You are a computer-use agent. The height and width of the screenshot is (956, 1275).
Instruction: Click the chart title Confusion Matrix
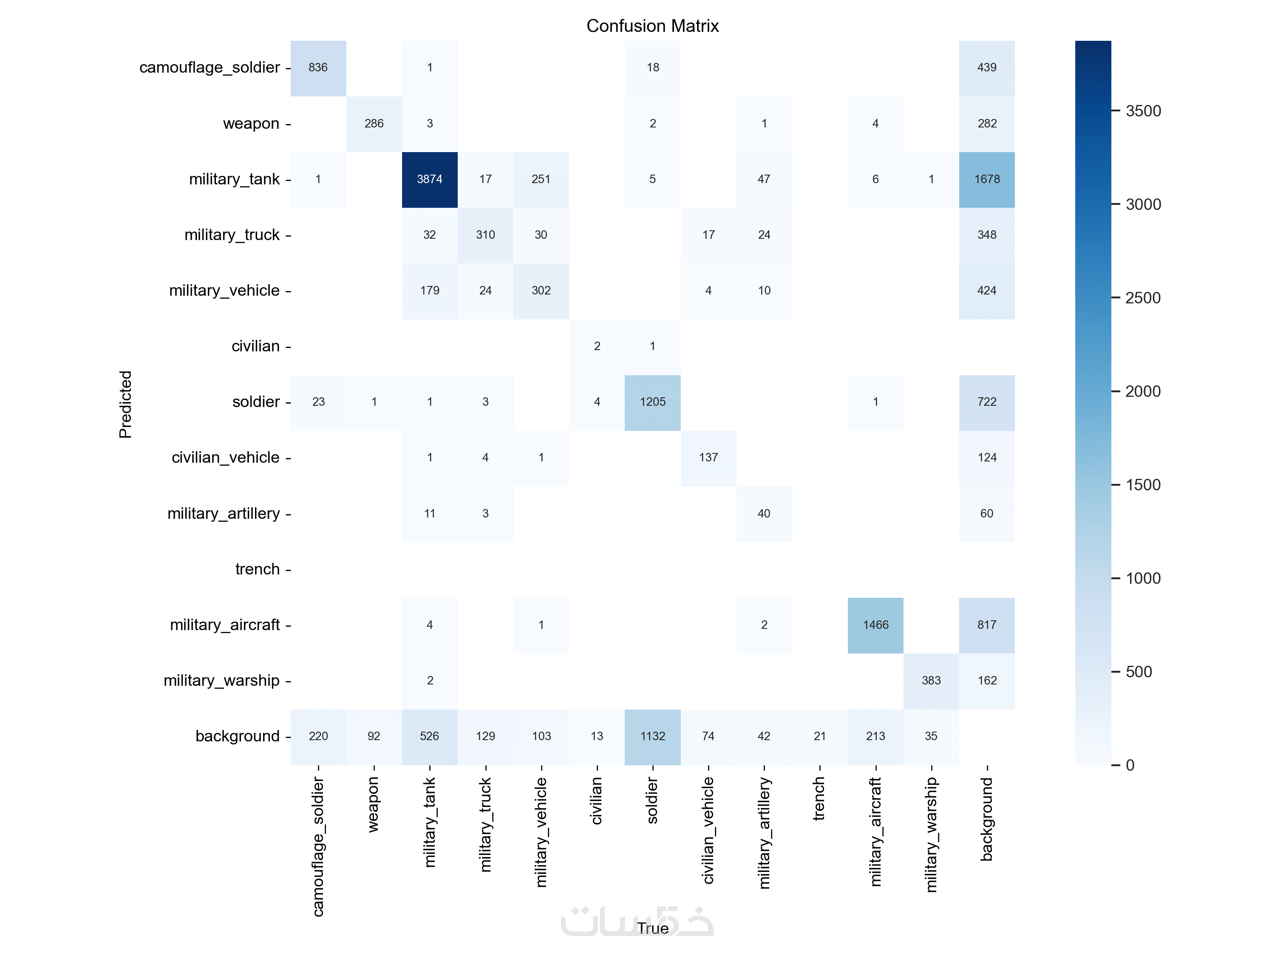click(652, 26)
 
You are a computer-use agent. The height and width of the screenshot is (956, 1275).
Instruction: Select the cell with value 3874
click(429, 179)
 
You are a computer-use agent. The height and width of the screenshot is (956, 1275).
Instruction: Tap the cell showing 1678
click(987, 179)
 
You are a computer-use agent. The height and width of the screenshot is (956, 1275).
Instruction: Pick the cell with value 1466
click(875, 625)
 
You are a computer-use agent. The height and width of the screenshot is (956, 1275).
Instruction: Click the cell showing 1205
click(652, 402)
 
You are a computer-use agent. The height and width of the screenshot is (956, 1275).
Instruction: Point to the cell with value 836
click(318, 68)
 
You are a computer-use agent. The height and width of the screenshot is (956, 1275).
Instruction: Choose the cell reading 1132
click(652, 736)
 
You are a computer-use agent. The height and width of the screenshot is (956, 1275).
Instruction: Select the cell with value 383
click(931, 681)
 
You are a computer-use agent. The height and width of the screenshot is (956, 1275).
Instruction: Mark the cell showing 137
click(708, 458)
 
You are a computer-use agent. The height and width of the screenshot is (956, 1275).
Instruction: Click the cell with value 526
click(429, 736)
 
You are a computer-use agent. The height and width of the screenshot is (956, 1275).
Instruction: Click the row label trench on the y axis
click(257, 569)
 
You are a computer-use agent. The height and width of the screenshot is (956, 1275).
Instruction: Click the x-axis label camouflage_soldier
click(318, 846)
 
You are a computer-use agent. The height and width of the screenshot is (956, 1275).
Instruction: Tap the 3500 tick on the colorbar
click(1143, 111)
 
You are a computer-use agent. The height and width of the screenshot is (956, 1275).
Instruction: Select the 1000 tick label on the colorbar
click(1143, 579)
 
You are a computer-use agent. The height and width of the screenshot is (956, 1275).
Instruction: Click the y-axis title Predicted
click(125, 404)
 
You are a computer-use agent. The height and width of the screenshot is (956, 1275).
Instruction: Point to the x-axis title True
click(652, 928)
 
